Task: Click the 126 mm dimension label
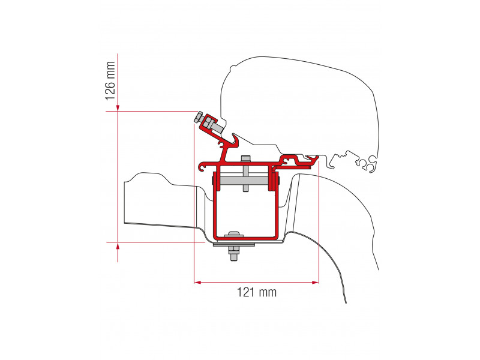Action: tap(110, 81)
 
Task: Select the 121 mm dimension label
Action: tap(257, 292)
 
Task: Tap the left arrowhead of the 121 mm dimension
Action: tap(198, 282)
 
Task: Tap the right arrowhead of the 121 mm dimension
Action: tap(316, 282)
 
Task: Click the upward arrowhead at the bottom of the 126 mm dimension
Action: tap(118, 246)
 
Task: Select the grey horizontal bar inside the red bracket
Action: tap(244, 181)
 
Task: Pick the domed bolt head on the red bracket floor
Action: tap(234, 235)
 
